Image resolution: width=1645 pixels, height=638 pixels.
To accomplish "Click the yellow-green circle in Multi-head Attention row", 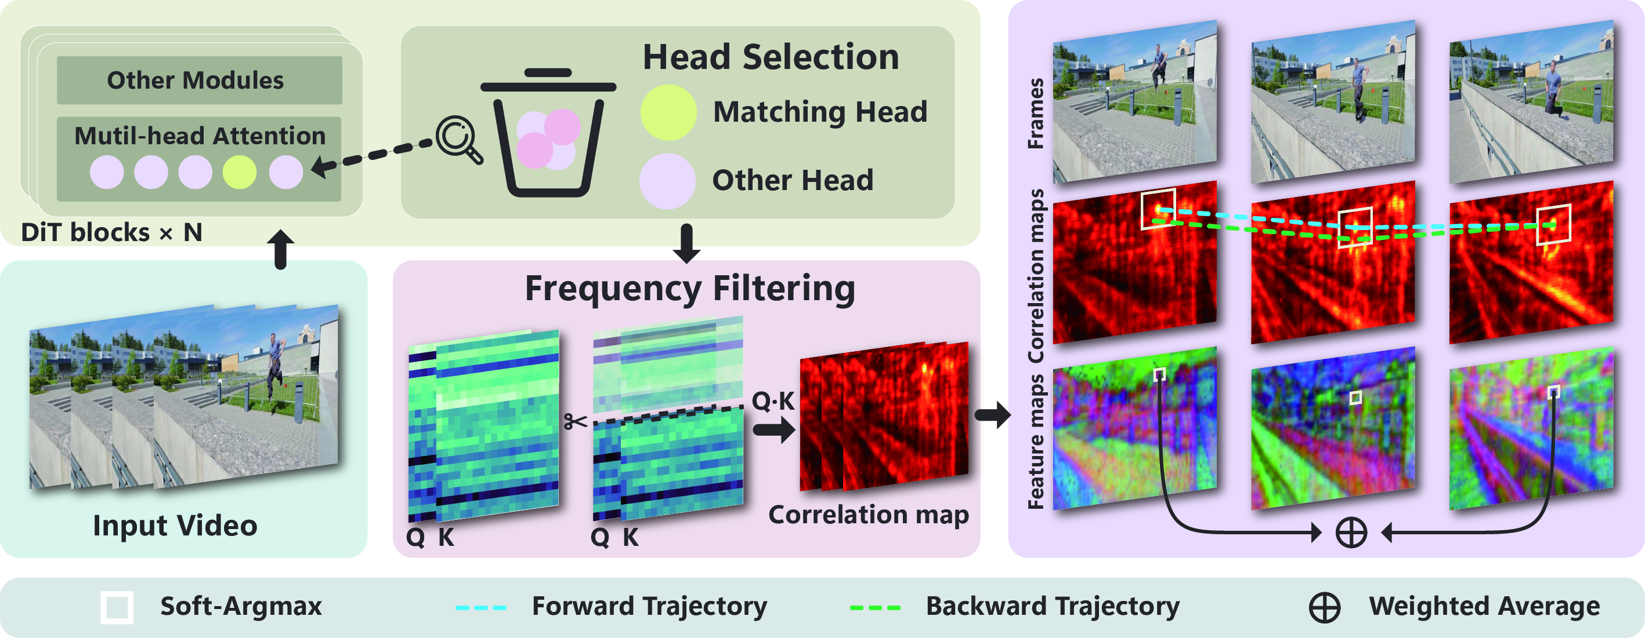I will [240, 172].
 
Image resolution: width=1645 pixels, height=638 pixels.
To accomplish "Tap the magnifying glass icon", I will [458, 139].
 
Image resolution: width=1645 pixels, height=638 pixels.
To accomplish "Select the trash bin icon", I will [548, 134].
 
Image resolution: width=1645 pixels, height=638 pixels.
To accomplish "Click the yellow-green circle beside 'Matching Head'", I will [668, 113].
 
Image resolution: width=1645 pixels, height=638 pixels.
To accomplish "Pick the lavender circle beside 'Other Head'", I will [667, 181].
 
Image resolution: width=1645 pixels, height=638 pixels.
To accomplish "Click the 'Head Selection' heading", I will [771, 57].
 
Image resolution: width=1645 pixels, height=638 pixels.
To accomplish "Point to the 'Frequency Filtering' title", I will [690, 289].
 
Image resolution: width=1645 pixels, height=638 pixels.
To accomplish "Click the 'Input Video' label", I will [175, 526].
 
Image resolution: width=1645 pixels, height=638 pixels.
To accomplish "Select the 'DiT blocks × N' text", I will [112, 233].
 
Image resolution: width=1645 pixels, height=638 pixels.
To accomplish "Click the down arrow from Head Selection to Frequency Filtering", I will [686, 243].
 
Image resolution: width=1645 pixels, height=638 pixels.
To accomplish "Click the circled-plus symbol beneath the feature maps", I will [1351, 533].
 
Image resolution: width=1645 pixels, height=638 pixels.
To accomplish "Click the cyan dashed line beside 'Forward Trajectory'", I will [481, 607].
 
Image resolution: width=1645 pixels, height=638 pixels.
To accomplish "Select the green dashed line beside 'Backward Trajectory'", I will [875, 607].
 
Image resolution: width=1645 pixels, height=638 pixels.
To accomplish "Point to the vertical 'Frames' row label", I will [1035, 114].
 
